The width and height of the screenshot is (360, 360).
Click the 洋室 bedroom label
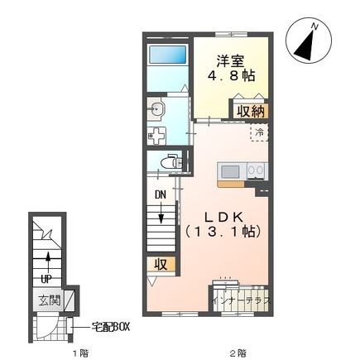(230, 61)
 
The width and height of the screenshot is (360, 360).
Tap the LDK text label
(223, 218)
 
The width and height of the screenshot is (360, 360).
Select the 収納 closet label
(251, 112)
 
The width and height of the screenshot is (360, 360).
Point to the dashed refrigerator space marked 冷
(259, 132)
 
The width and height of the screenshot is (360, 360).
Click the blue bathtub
(167, 55)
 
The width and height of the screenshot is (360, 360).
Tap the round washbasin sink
(156, 109)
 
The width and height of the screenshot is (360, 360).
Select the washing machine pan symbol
(156, 136)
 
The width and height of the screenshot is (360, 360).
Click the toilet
(171, 161)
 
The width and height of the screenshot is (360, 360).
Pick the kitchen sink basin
(230, 172)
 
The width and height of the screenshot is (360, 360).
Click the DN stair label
(161, 195)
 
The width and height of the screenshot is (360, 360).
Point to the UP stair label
(46, 280)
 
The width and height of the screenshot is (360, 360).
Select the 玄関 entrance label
(49, 300)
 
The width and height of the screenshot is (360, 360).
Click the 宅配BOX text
(110, 327)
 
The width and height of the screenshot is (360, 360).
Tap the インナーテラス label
(242, 300)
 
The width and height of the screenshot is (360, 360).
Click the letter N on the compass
(314, 26)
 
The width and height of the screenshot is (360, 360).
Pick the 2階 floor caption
(238, 353)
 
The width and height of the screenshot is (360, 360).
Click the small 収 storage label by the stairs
(161, 265)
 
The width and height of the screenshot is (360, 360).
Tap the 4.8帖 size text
(231, 75)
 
